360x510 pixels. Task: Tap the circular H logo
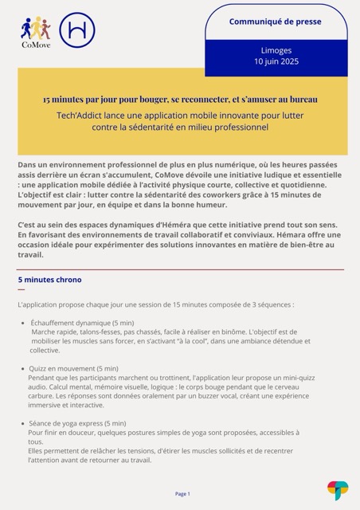pyautogui.click(x=76, y=29)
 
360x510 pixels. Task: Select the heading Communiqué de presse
pyautogui.click(x=276, y=22)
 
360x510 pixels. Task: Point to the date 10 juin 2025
pyautogui.click(x=276, y=61)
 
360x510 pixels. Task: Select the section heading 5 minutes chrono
pyautogui.click(x=49, y=280)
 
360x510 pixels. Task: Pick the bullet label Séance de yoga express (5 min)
pyautogui.click(x=77, y=423)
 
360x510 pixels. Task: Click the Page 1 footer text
pyautogui.click(x=182, y=493)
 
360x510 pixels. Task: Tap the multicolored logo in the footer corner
pyautogui.click(x=338, y=489)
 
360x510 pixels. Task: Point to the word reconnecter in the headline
pyautogui.click(x=209, y=100)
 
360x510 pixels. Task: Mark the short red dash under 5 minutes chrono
pyautogui.click(x=22, y=290)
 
